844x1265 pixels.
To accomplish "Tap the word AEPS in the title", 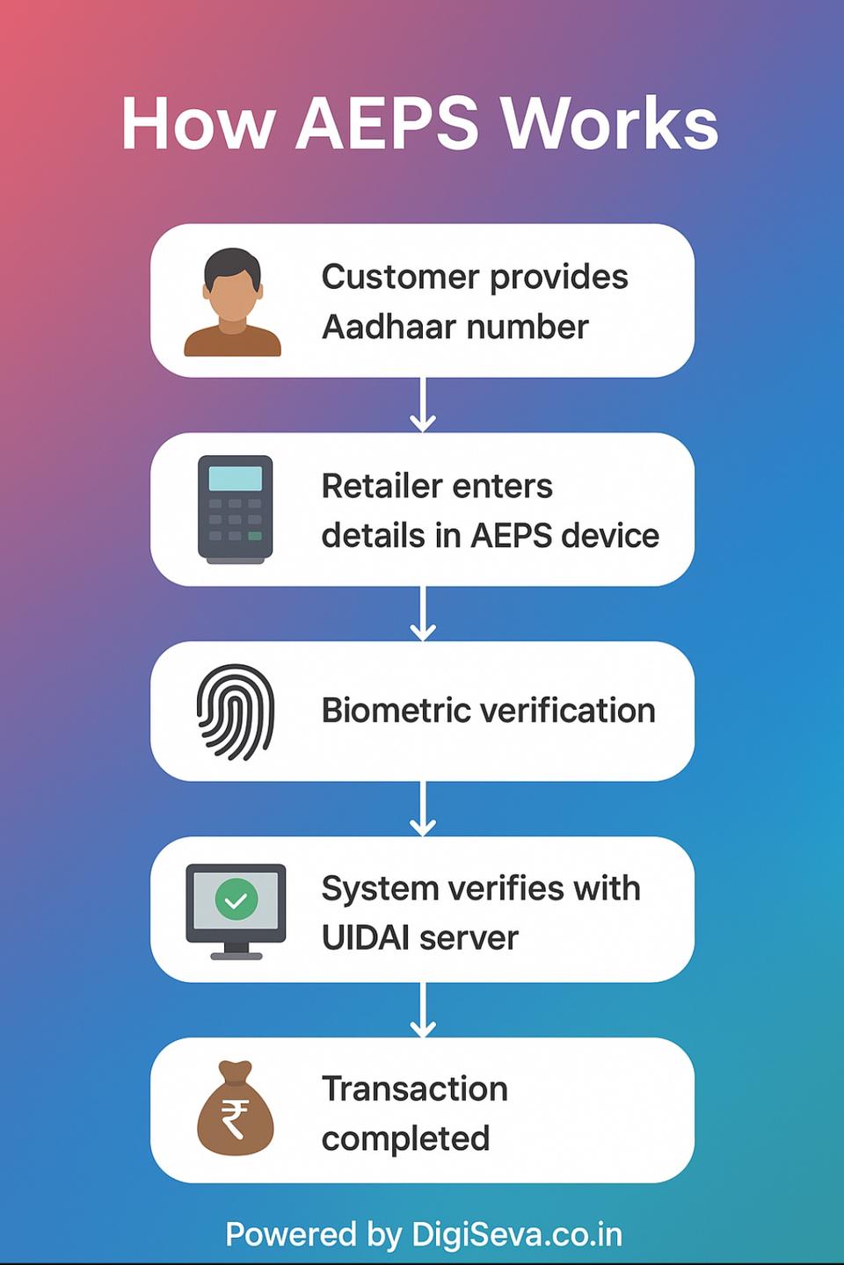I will click(387, 124).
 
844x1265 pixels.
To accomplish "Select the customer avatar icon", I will click(232, 303).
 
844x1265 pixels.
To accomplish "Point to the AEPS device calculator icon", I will click(235, 510).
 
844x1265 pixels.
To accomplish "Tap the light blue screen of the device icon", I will click(235, 479).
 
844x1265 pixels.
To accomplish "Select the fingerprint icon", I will click(235, 712).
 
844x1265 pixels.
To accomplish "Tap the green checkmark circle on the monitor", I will click(236, 900).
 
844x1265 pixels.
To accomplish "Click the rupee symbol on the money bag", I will click(235, 1119).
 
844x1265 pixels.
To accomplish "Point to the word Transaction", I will click(415, 1089).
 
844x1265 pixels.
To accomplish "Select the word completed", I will click(405, 1139).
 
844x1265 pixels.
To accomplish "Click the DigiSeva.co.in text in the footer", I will click(517, 1234).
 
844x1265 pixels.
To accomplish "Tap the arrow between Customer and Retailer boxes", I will click(423, 405).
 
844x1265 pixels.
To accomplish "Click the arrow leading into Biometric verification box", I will click(423, 613).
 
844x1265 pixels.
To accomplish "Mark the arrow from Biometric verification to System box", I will click(423, 808).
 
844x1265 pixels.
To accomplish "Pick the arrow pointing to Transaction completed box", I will click(423, 1010).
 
